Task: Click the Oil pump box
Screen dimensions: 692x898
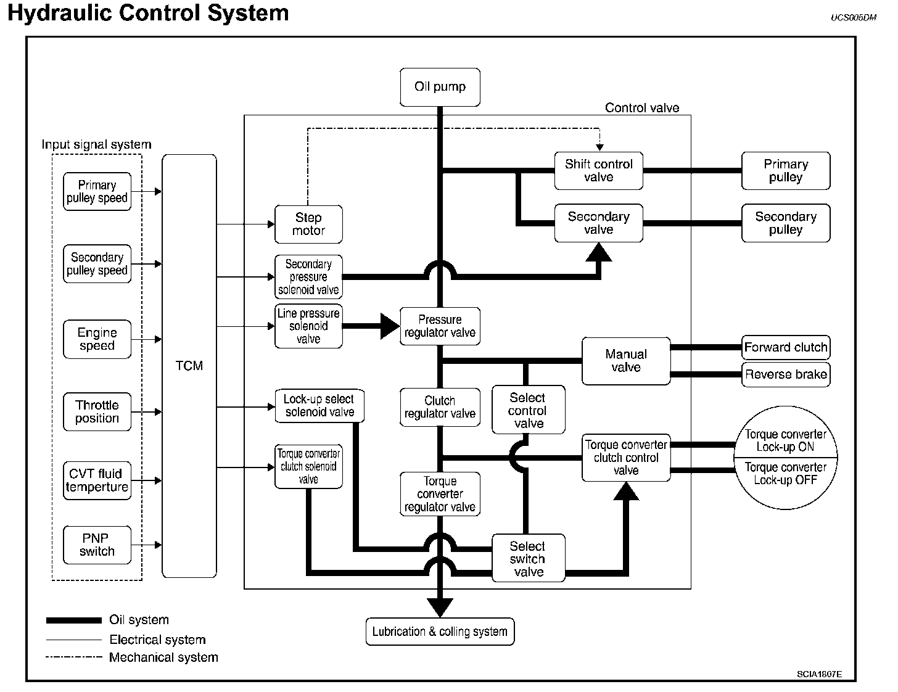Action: tap(440, 87)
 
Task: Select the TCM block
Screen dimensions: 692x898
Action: tap(189, 366)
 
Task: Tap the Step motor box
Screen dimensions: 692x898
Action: tap(308, 224)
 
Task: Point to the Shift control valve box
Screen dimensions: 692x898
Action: tap(598, 171)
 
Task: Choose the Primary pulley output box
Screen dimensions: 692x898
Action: tap(785, 171)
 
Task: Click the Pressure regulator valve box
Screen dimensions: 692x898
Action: tap(440, 326)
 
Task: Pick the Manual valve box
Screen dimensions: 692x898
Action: tap(626, 361)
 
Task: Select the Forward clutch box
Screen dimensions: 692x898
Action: tap(785, 347)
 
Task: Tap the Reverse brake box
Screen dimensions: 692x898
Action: tap(785, 374)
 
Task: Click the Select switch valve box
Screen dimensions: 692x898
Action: tap(528, 559)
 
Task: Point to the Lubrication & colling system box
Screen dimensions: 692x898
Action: tap(440, 632)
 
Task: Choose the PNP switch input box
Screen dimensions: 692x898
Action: tap(97, 545)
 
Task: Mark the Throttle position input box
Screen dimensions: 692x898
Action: tap(97, 411)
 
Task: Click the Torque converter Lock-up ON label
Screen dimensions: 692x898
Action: tap(785, 440)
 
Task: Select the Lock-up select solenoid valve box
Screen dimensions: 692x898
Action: tap(319, 406)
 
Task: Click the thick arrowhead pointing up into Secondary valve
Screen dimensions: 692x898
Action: tap(598, 252)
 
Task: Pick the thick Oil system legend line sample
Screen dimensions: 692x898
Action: tap(73, 620)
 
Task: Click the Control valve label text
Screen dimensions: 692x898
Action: tap(641, 108)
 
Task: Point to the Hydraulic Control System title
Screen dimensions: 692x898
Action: tap(148, 13)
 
